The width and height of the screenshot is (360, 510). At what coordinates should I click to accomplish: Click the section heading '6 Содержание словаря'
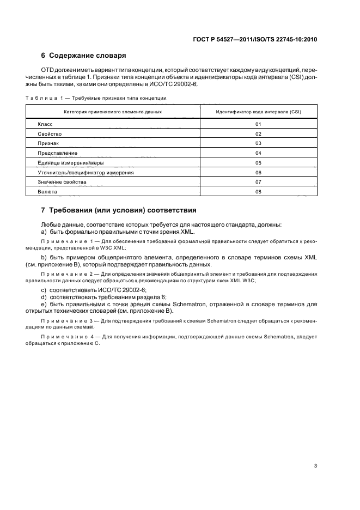pos(84,56)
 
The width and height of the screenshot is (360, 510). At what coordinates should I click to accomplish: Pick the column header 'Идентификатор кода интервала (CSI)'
pos(259,112)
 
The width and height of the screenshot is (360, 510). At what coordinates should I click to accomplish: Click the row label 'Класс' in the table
pos(45,124)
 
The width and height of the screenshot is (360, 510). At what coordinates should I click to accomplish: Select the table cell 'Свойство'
pos(50,134)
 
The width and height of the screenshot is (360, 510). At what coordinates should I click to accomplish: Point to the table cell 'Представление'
pos(57,153)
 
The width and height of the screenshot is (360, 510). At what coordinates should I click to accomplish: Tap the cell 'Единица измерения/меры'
pos(71,163)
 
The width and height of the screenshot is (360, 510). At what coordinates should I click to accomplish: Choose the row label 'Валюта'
pos(47,191)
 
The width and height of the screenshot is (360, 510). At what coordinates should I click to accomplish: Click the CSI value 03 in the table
pos(259,144)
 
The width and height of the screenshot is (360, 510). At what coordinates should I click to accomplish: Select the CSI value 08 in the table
pos(259,191)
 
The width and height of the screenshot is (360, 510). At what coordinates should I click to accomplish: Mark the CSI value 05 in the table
pos(259,163)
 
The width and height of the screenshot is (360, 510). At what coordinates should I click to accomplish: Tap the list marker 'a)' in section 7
pos(44,232)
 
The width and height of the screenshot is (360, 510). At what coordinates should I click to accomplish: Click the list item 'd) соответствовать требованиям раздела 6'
pos(103,297)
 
